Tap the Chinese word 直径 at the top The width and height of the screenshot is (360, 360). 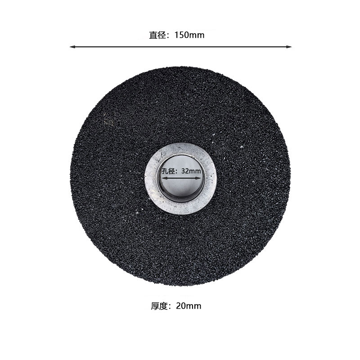point(157,35)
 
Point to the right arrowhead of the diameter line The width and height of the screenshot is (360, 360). point(289,46)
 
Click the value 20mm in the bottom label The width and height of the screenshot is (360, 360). point(189,306)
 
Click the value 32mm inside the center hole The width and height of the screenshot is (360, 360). point(191,171)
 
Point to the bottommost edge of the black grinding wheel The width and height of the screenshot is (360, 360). point(180,286)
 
